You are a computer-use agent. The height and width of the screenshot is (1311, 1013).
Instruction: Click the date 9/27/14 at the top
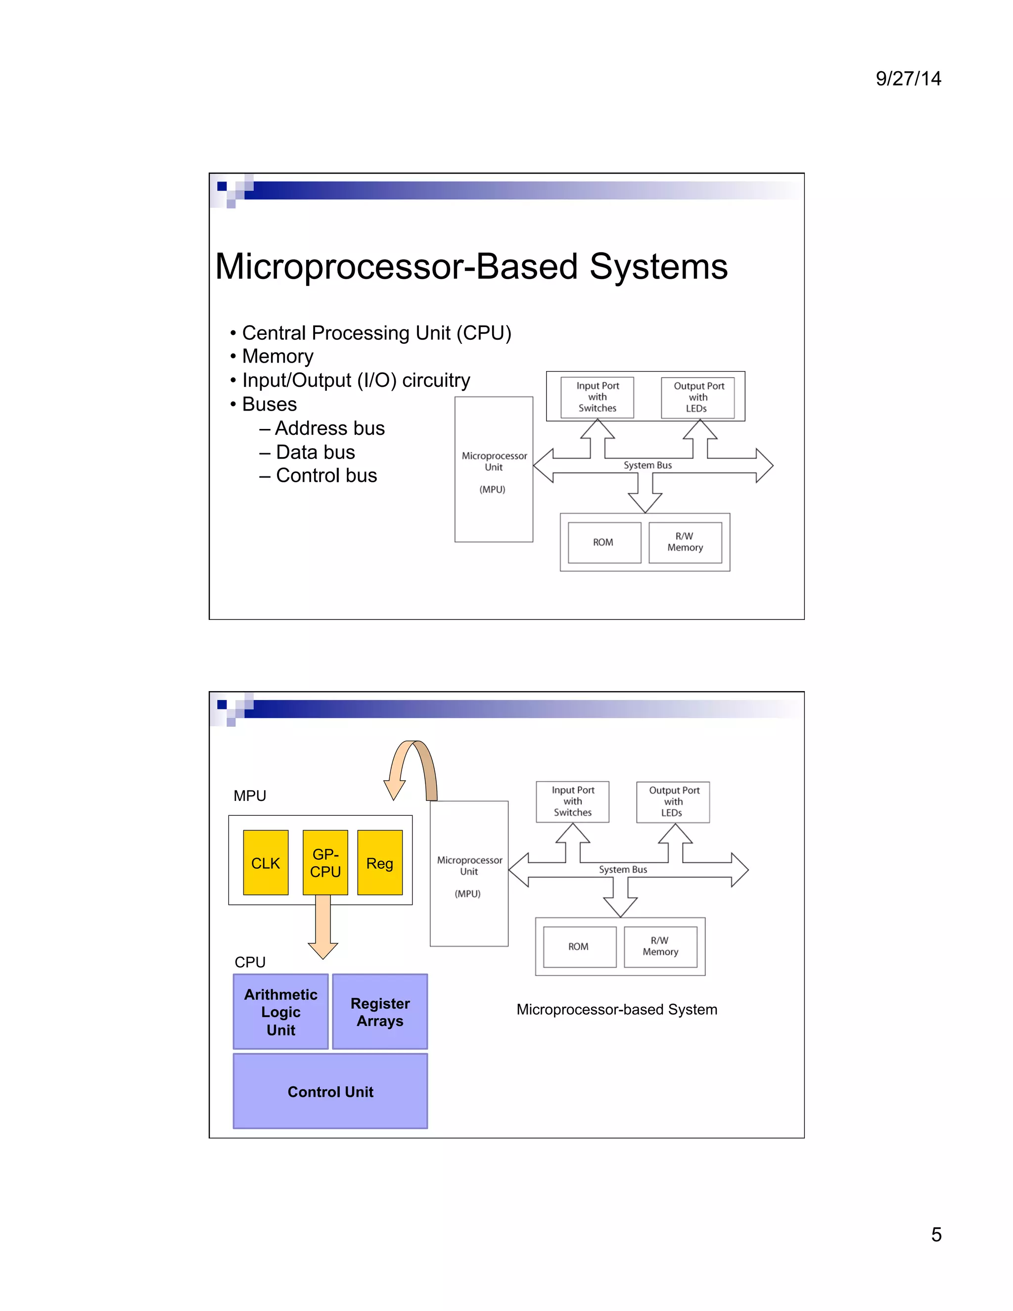click(908, 79)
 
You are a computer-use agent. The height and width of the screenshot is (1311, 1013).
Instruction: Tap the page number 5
click(935, 1234)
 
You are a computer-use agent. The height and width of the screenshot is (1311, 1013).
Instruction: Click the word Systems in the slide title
click(658, 267)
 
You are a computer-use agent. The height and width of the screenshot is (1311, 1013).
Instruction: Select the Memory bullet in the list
click(277, 357)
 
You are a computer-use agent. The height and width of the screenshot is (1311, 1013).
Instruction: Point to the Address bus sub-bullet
click(329, 428)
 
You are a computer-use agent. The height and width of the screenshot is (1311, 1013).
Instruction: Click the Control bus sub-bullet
click(326, 475)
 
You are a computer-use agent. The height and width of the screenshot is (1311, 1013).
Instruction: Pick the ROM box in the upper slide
click(604, 542)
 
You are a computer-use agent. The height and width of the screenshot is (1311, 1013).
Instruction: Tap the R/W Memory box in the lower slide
click(660, 946)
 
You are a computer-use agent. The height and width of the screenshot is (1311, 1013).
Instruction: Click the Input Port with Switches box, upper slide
click(597, 397)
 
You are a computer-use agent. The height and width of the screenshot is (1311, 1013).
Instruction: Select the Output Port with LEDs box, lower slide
click(673, 801)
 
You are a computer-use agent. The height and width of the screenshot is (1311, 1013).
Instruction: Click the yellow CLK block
click(265, 863)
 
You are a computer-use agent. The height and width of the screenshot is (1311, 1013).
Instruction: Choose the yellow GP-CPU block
click(325, 863)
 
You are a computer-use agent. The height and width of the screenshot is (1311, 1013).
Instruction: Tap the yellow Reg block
click(379, 863)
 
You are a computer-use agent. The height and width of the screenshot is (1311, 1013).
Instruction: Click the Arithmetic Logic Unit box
click(280, 1012)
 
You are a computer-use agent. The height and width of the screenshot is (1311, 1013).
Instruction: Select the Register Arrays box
click(380, 1012)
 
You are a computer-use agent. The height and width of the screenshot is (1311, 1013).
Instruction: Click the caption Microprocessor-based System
click(616, 1009)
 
